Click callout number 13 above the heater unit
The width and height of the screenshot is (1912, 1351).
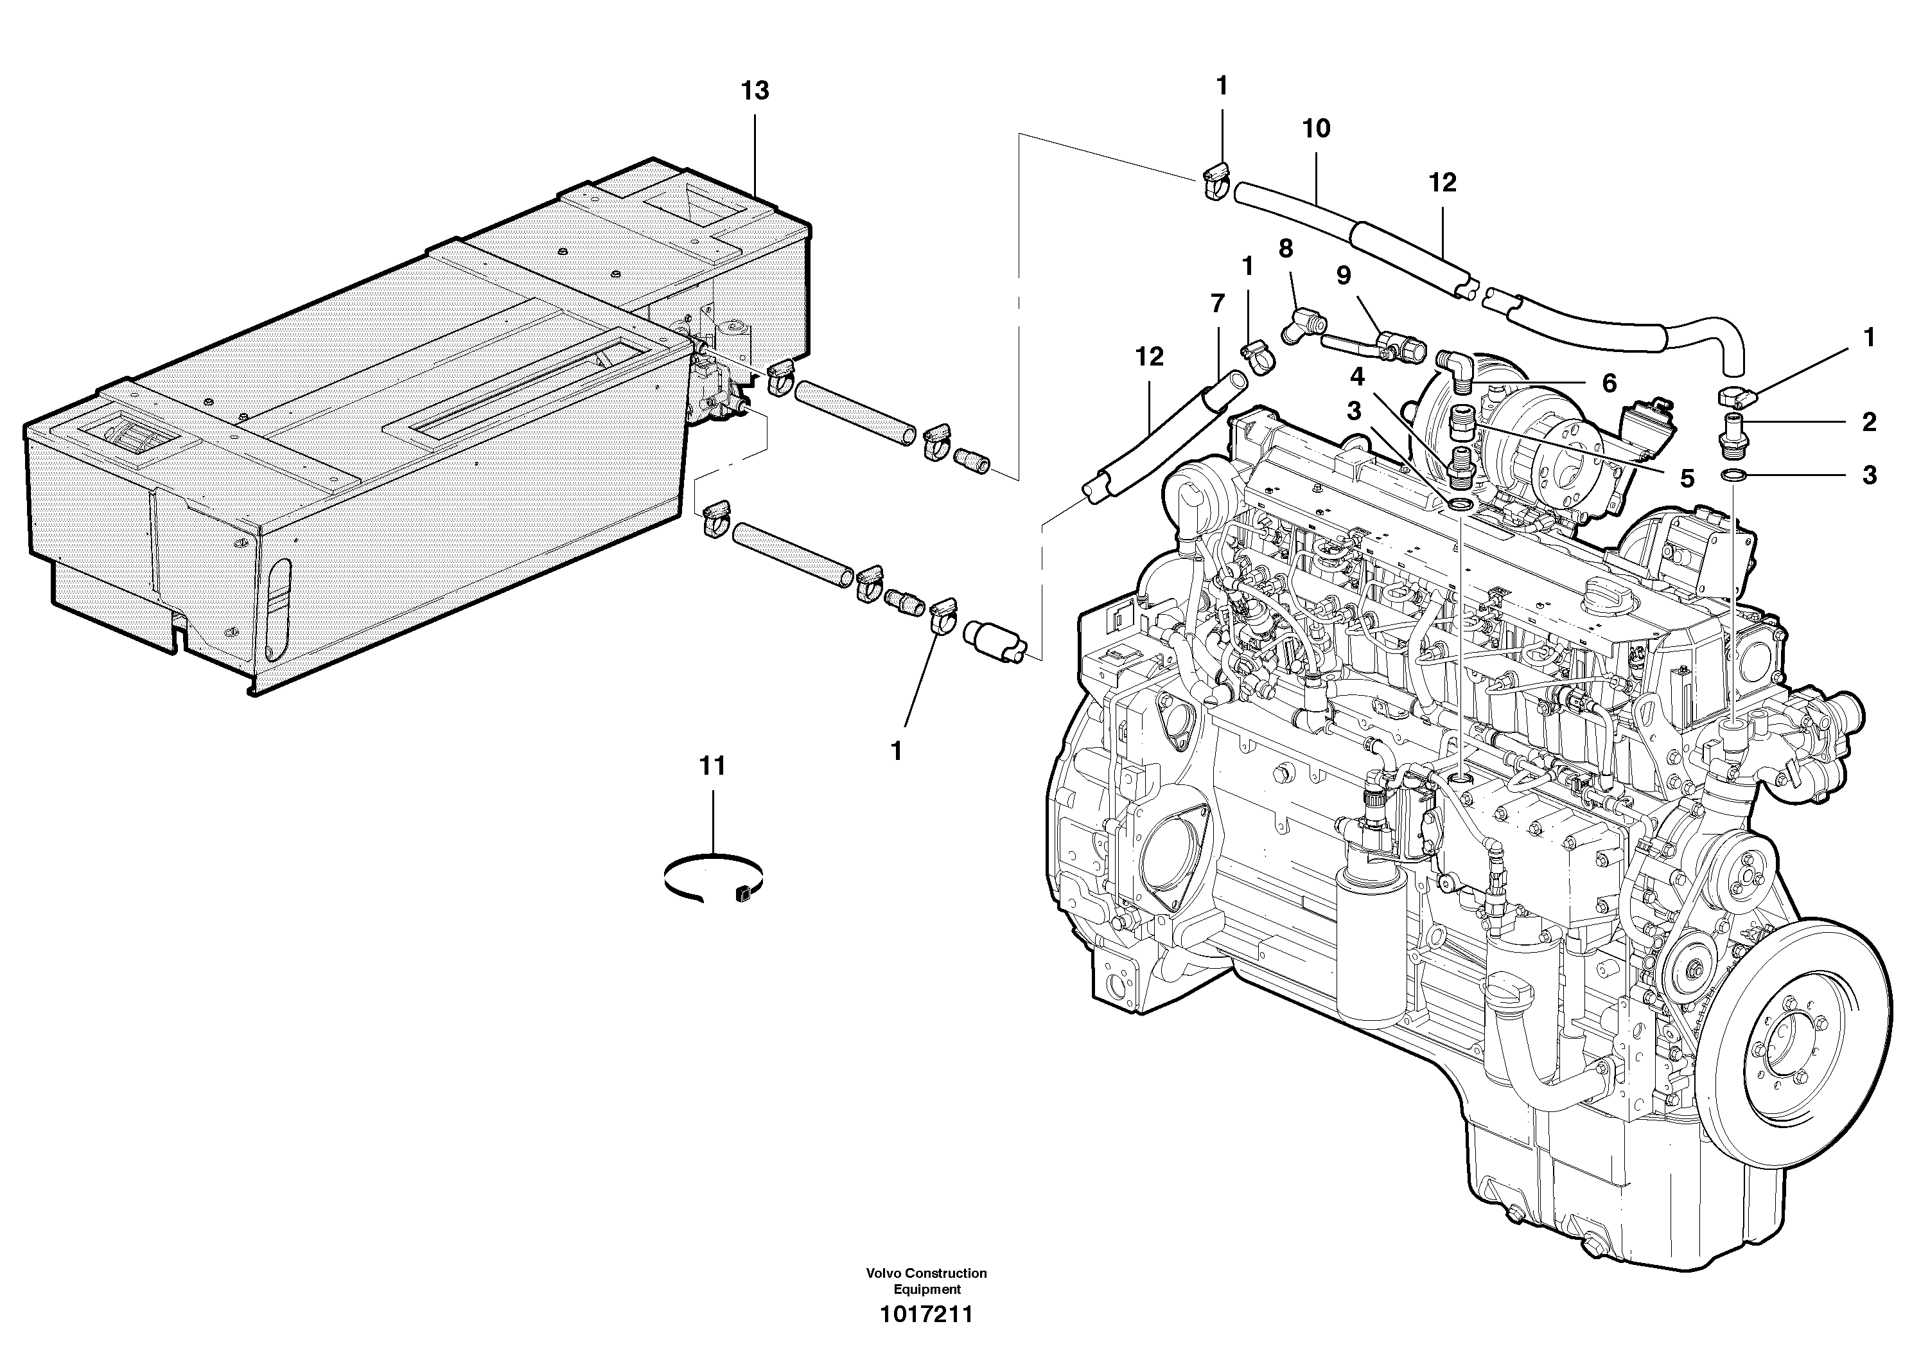755,91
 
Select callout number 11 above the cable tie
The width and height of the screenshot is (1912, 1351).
712,766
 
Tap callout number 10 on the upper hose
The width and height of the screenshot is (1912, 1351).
1317,128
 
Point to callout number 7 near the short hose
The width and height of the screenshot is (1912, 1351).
1218,304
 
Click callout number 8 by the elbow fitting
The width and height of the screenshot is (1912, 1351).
1286,248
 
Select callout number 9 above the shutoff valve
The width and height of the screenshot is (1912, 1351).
1343,276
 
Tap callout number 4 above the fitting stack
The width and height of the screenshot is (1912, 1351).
1357,377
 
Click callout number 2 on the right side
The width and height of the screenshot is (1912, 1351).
1869,422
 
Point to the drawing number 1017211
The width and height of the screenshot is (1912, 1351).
926,1315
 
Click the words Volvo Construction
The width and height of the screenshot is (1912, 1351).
926,1273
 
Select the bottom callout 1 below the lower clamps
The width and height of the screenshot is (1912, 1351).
896,751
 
